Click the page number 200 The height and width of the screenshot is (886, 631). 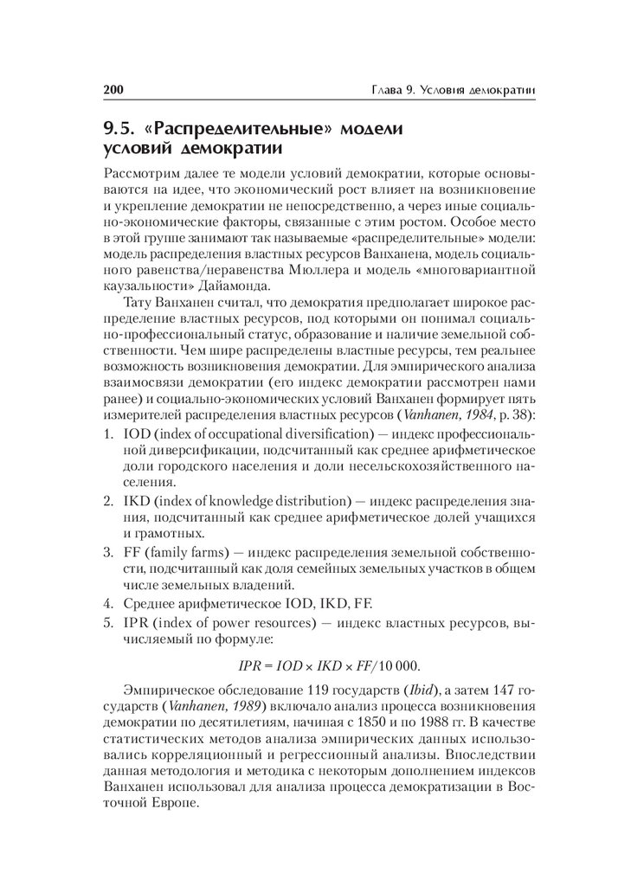tap(114, 89)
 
